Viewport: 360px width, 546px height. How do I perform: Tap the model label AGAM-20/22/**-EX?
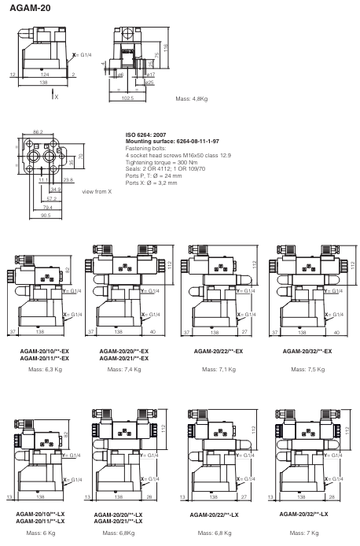click(x=217, y=351)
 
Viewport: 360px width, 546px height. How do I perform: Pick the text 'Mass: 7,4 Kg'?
click(x=123, y=367)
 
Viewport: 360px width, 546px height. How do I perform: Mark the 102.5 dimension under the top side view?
click(x=127, y=98)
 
